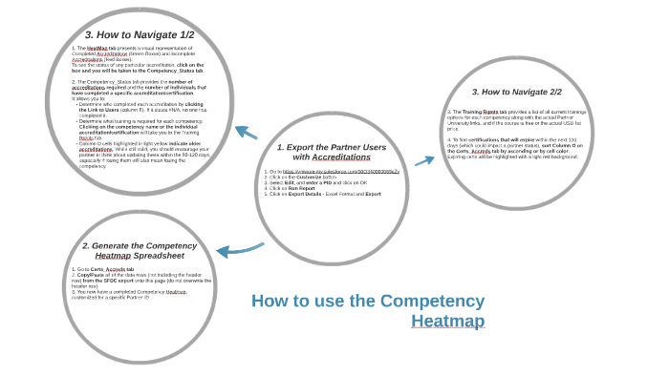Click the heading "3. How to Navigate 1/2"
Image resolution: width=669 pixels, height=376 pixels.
(140, 34)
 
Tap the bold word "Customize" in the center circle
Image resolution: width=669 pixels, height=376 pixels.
(310, 177)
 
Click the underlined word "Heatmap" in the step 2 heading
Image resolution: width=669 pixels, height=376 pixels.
(113, 256)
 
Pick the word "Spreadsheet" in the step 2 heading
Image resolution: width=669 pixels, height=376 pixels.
(164, 256)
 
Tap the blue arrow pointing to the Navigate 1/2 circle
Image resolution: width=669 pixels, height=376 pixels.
(246, 133)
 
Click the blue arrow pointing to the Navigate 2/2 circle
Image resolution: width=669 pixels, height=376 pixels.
(424, 160)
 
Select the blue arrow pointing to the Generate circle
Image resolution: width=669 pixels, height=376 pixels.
(239, 250)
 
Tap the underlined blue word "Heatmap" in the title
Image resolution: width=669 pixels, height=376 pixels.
(447, 322)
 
